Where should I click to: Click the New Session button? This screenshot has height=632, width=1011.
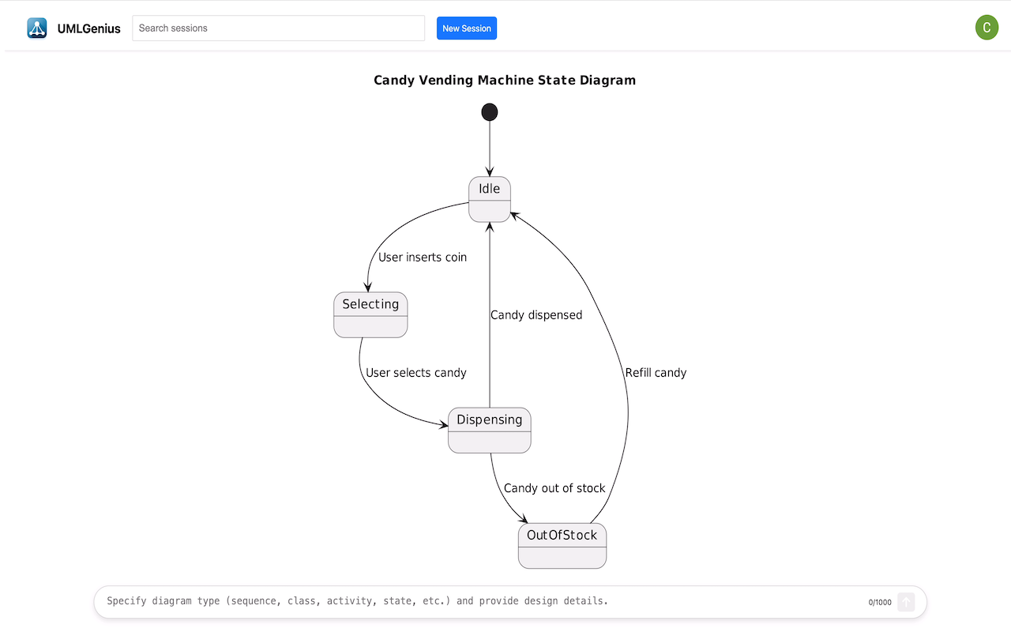[x=466, y=28]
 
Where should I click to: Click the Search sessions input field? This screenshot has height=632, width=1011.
[x=278, y=28]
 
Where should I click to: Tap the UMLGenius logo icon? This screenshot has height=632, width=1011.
[x=36, y=28]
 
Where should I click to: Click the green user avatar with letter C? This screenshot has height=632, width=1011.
[x=987, y=28]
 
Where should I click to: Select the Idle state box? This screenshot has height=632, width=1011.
[x=490, y=199]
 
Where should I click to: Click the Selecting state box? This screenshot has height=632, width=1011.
[x=370, y=314]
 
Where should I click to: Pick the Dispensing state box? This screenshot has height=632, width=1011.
[x=489, y=431]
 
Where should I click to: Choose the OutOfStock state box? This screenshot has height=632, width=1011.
[x=562, y=546]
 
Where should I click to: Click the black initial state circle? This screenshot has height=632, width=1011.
[x=489, y=112]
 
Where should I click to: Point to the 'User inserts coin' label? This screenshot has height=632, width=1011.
[x=423, y=258]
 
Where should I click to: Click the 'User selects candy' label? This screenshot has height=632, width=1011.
[x=415, y=373]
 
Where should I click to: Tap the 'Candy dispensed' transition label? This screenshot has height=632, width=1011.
[x=536, y=315]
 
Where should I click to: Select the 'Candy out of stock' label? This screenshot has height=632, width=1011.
[x=554, y=488]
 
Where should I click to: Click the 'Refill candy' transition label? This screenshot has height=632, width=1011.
[x=656, y=373]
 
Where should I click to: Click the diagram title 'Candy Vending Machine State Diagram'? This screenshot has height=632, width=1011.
[x=505, y=81]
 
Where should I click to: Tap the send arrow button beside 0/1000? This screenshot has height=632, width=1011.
[x=906, y=602]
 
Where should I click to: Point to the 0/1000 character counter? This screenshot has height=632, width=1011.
[x=880, y=602]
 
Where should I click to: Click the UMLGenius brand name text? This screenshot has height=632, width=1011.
[x=89, y=28]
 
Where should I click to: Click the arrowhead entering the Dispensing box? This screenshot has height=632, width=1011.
[x=443, y=424]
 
